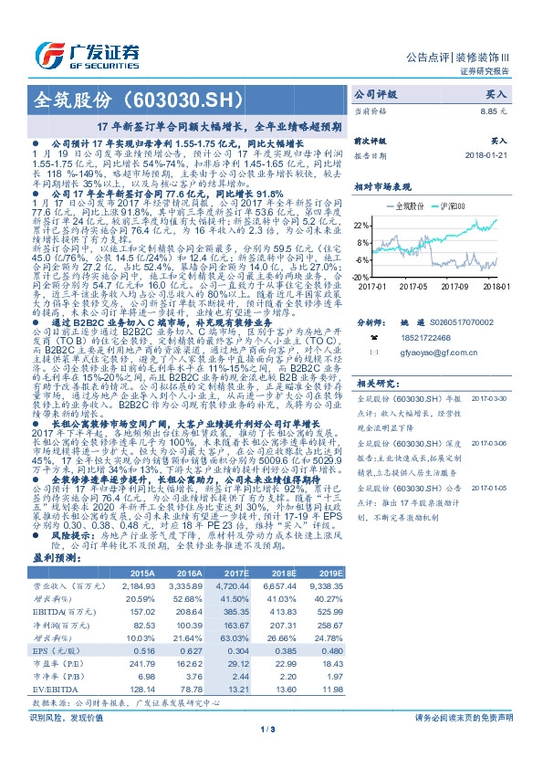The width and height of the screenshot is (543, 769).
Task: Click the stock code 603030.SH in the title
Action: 193,98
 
